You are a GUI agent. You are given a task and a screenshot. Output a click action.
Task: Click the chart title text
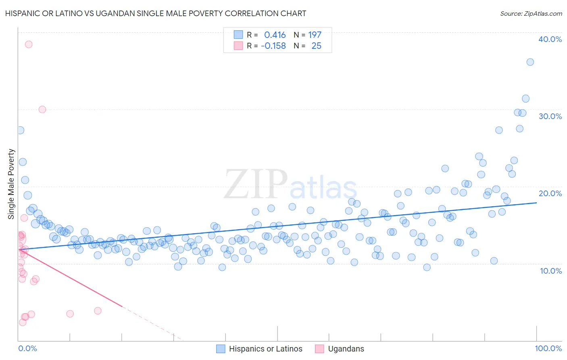(156, 13)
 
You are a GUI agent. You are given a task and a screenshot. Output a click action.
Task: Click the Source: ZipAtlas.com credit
(531, 13)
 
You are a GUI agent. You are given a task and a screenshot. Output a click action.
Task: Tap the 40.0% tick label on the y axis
(550, 39)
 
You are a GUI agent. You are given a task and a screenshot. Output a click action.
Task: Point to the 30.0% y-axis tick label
(550, 116)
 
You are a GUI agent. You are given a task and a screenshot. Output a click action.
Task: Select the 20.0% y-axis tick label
(550, 193)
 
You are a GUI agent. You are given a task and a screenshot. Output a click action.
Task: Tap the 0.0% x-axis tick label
(27, 348)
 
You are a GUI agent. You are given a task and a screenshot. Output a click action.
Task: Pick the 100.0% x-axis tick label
(548, 348)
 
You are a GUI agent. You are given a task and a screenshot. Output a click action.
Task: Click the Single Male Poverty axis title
(11, 184)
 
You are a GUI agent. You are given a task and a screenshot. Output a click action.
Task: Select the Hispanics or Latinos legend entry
(259, 349)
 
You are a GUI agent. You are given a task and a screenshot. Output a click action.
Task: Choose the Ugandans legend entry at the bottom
(340, 349)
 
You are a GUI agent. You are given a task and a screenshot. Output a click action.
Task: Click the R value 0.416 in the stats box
(275, 35)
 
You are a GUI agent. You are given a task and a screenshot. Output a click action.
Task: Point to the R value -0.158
(273, 46)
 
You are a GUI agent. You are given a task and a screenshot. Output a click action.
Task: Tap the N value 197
(315, 35)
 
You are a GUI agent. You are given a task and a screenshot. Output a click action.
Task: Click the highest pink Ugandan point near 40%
(29, 44)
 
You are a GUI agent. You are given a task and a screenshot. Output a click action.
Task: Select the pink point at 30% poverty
(42, 109)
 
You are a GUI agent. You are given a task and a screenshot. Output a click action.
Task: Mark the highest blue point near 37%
(530, 62)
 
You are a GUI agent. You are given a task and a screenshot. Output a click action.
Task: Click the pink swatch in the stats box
(238, 46)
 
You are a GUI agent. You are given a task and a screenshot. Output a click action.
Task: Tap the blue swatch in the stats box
(238, 35)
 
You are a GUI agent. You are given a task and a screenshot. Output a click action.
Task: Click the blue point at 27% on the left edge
(20, 130)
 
